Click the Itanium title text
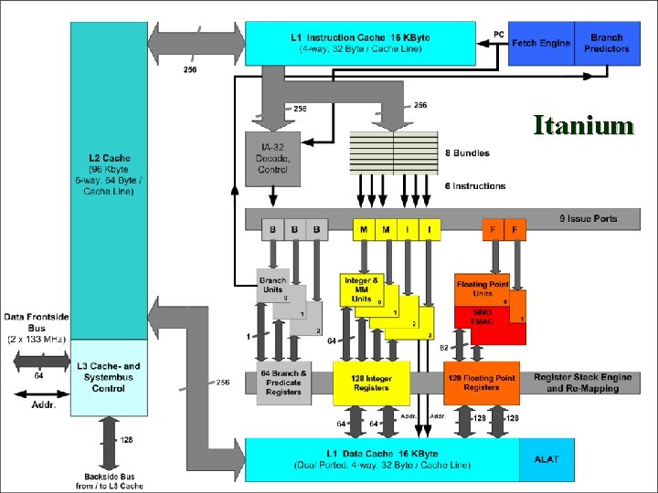pos(583,124)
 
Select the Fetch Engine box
pos(541,43)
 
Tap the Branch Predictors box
pos(607,43)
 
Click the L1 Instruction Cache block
pos(360,42)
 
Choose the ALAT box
pos(547,458)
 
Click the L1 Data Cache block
pos(382,458)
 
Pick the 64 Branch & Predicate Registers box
pos(283,383)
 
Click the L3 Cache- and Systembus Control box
pos(109,376)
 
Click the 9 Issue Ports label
pos(588,219)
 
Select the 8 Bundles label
pos(468,152)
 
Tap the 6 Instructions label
pos(474,185)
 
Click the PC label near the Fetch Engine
pos(498,34)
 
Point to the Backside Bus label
pos(109,479)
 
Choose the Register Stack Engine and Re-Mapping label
pos(582,383)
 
